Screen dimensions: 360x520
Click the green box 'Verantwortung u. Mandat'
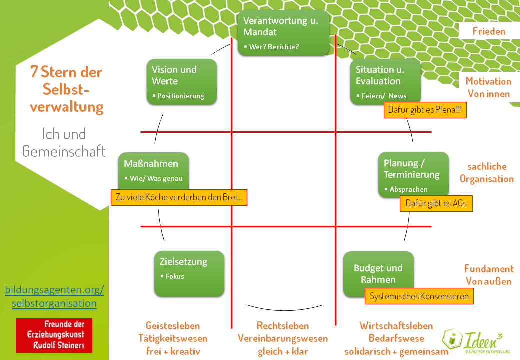[283, 32]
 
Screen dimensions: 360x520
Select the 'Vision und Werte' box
[182, 81]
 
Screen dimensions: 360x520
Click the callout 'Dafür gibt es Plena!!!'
[425, 110]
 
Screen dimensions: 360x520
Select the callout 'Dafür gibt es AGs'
[436, 203]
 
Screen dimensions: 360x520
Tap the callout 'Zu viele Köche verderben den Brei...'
[179, 197]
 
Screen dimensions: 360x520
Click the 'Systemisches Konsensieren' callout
[419, 296]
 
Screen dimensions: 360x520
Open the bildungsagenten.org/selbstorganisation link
[54, 296]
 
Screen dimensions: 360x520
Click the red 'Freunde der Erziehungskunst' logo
[54, 334]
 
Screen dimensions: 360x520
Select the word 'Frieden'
[489, 31]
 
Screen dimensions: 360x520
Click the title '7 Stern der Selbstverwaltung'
[66, 89]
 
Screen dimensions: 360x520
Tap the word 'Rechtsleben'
[283, 326]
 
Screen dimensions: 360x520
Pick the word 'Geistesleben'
[173, 326]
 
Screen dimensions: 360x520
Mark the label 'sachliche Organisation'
[487, 173]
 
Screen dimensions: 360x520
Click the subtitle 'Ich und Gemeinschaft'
[64, 142]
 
